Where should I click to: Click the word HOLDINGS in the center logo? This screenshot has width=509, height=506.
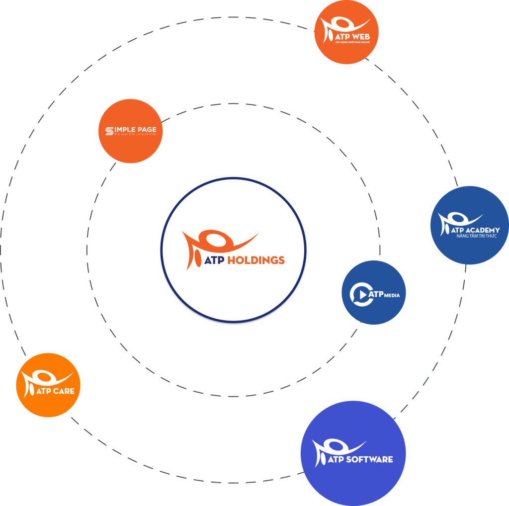(x=255, y=260)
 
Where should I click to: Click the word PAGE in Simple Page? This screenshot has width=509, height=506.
(x=144, y=130)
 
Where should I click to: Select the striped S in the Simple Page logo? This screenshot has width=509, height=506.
(x=109, y=131)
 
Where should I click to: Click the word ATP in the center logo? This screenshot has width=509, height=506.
(x=214, y=260)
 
